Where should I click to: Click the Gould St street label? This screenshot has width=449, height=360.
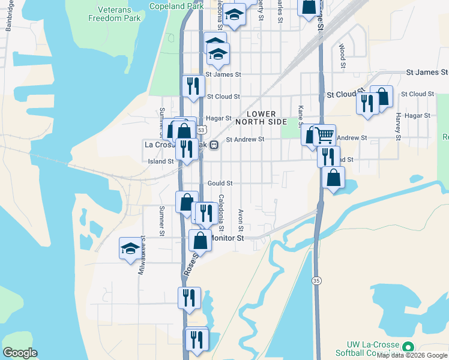[x=220, y=183]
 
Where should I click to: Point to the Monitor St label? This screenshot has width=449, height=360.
[x=229, y=238]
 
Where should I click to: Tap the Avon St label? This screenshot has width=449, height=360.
[x=240, y=220]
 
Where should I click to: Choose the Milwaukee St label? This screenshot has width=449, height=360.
[x=142, y=256]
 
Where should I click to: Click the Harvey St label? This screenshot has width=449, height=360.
[x=398, y=125]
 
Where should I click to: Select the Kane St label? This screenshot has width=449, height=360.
[x=301, y=116]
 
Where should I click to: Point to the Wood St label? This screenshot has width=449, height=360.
[x=342, y=55]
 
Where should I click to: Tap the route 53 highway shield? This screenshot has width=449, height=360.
[x=201, y=130]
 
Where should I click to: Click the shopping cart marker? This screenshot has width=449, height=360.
[x=324, y=134]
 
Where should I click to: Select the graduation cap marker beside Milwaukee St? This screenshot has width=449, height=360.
[x=130, y=249]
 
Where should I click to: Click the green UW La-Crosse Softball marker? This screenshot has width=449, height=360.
[x=408, y=347]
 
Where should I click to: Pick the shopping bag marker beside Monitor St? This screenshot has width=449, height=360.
[x=200, y=240]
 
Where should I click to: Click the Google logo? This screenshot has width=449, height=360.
[x=20, y=353]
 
